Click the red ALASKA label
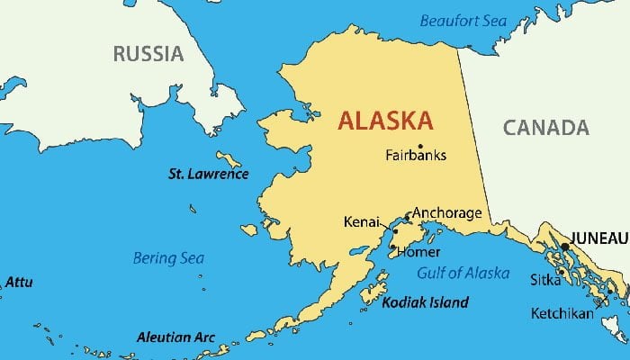click(x=385, y=121)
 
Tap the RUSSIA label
click(x=148, y=54)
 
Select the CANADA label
click(x=545, y=128)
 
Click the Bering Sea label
click(x=168, y=258)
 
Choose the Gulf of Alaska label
click(x=463, y=274)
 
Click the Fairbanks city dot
click(x=420, y=146)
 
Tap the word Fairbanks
click(x=416, y=155)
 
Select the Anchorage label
click(x=446, y=213)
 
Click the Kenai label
click(x=360, y=221)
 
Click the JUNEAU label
click(x=599, y=238)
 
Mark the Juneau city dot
click(x=565, y=246)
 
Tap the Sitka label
click(x=545, y=280)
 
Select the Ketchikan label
click(x=561, y=313)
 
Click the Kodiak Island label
click(x=425, y=302)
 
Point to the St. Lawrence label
click(x=209, y=173)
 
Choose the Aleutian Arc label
click(x=175, y=337)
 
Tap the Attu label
click(x=19, y=283)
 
